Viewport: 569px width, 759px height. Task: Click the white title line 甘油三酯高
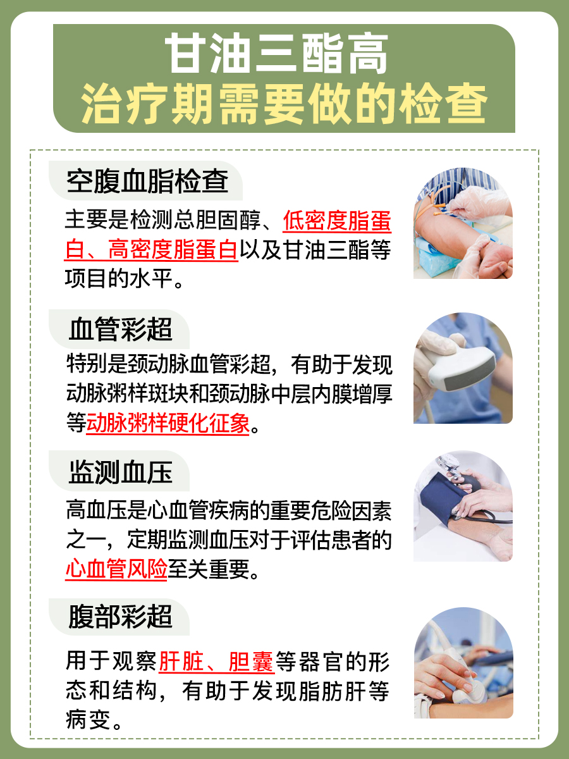pyautogui.click(x=284, y=56)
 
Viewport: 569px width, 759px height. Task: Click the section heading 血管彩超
pyautogui.click(x=120, y=330)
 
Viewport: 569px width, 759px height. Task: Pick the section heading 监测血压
pyautogui.click(x=120, y=471)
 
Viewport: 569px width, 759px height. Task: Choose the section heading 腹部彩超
pyautogui.click(x=120, y=616)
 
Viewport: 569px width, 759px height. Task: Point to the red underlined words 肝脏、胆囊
pyautogui.click(x=216, y=662)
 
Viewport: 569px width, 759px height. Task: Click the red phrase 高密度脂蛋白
pyautogui.click(x=173, y=250)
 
